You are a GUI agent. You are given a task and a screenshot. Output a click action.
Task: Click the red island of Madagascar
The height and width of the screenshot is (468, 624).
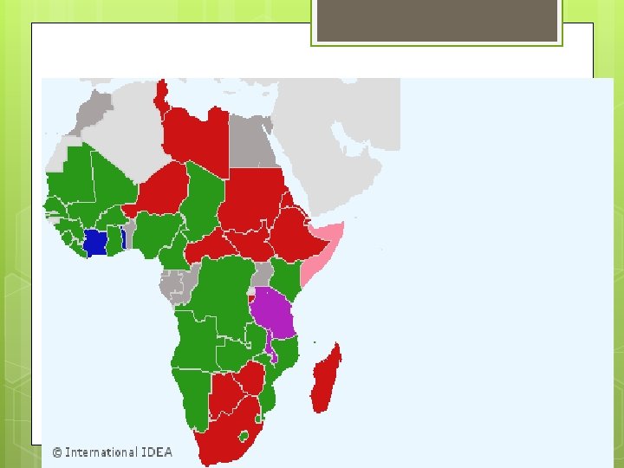pyautogui.click(x=327, y=381)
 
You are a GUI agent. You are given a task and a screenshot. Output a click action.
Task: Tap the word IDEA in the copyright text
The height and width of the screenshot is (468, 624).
pyautogui.click(x=157, y=452)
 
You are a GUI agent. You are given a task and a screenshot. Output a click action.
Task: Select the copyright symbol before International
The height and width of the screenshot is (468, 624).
pyautogui.click(x=57, y=452)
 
